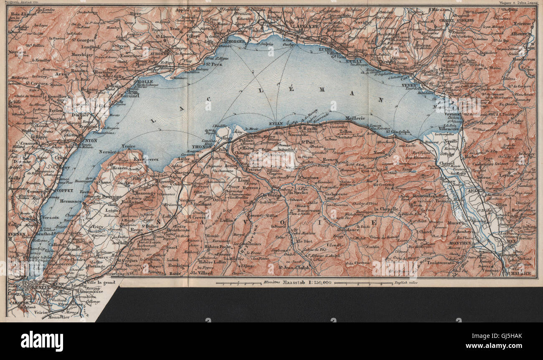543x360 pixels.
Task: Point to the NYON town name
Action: click(90, 141)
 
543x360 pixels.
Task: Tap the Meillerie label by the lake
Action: click(355, 118)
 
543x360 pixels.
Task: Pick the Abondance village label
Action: click(347, 229)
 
